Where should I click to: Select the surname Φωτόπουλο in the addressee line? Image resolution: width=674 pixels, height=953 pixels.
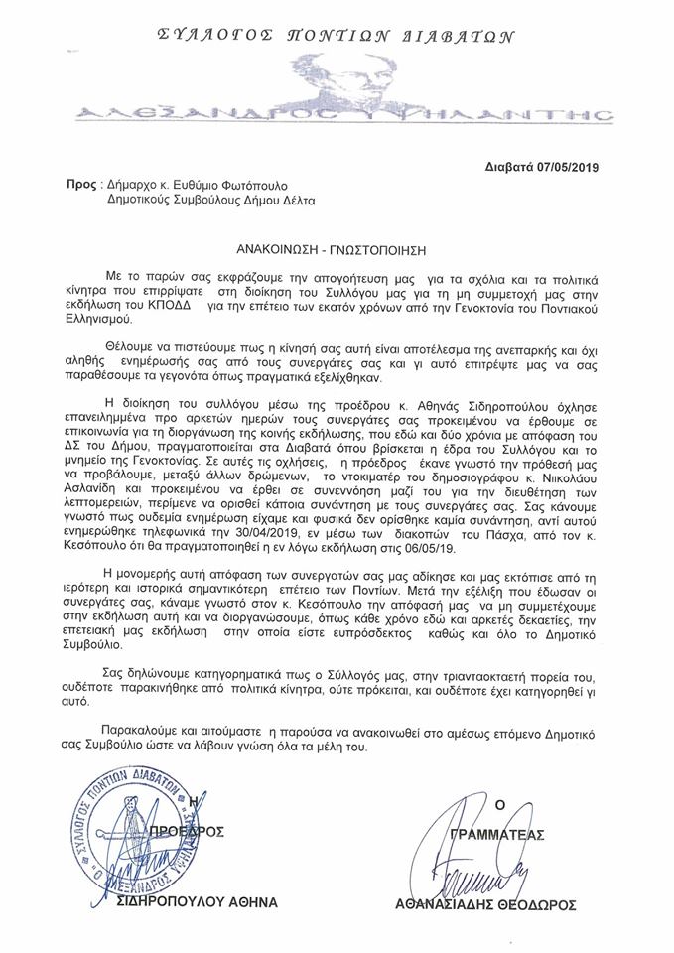click(x=285, y=185)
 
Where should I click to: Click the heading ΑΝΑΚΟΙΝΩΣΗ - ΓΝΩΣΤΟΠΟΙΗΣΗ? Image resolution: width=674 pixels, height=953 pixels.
click(x=337, y=241)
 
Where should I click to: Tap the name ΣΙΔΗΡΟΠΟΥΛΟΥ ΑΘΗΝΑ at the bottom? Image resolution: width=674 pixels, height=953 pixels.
click(x=197, y=902)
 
